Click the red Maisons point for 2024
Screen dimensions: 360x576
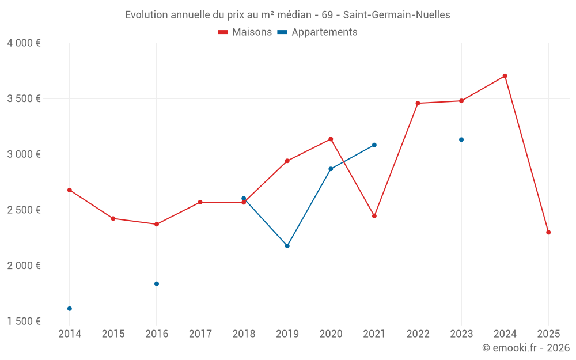(x=505, y=76)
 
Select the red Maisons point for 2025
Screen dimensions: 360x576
(x=548, y=232)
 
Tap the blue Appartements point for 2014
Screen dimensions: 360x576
(x=70, y=309)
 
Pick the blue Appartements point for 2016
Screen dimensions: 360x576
(x=157, y=283)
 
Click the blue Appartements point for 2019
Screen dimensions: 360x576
(x=287, y=246)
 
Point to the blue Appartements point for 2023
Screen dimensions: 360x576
(x=461, y=139)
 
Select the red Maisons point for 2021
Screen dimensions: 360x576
(x=374, y=216)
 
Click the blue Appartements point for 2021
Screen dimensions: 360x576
(x=374, y=145)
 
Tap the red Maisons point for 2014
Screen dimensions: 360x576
(x=70, y=190)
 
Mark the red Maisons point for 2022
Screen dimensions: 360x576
(x=418, y=103)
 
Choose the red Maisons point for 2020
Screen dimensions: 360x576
(x=331, y=139)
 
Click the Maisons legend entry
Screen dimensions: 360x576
(x=245, y=32)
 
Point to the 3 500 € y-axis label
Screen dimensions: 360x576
(x=24, y=98)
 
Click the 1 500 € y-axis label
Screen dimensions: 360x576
(x=24, y=321)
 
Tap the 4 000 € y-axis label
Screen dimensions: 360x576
(x=24, y=43)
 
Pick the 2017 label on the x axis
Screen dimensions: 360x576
(x=200, y=334)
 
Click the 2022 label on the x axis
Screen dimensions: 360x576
(x=418, y=334)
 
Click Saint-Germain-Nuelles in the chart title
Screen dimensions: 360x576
(x=396, y=15)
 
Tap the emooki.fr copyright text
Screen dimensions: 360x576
(x=525, y=348)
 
